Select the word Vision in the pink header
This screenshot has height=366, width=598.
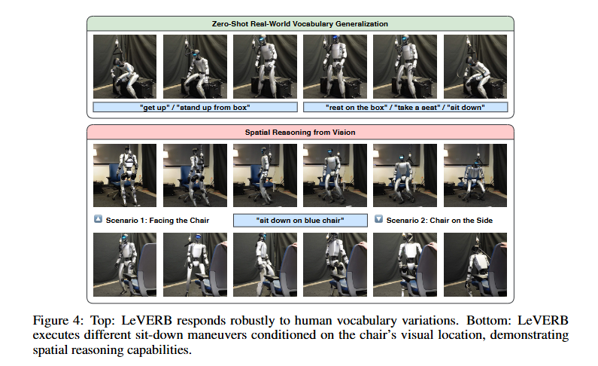343,132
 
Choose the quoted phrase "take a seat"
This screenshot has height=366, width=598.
414,108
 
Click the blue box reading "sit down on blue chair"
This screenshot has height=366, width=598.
300,220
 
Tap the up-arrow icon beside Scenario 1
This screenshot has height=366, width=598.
98,220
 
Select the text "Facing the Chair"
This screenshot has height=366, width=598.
179,220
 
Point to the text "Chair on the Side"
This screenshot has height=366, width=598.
466,220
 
